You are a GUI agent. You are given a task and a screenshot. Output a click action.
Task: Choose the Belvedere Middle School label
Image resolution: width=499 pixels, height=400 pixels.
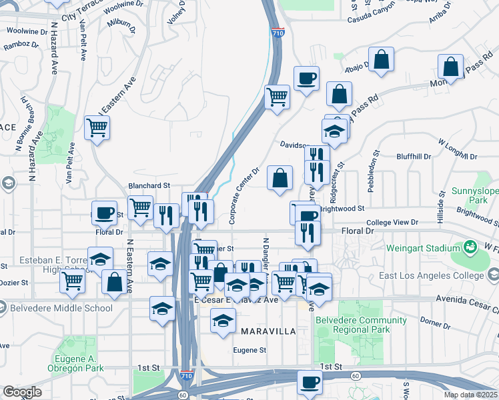(x=57, y=307)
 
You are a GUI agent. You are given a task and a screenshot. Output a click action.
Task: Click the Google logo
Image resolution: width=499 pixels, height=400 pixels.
(x=21, y=391)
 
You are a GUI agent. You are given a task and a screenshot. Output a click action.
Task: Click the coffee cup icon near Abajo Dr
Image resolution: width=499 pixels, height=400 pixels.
(x=306, y=79)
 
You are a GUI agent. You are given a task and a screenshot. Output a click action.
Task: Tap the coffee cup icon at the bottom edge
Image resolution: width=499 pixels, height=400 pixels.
(x=308, y=382)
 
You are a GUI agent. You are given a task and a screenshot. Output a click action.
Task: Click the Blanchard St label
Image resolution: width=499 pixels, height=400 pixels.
(x=149, y=186)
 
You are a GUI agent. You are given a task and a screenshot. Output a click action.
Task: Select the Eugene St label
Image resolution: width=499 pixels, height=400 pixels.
(x=249, y=350)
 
